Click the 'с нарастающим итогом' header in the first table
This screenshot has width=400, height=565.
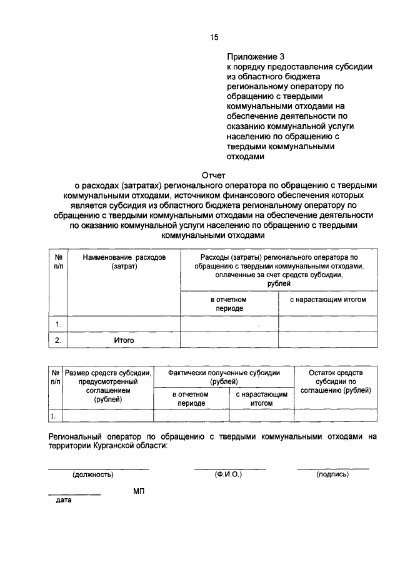coord(327,300)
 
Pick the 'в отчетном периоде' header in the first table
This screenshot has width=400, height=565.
coord(229,304)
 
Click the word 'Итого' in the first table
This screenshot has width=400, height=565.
coord(124,340)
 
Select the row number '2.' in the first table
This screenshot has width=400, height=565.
coord(57,340)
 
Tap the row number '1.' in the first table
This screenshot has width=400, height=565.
coord(57,324)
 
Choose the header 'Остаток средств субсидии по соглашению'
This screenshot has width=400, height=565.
coord(336,381)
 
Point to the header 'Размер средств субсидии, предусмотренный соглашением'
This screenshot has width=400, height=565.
coord(108,386)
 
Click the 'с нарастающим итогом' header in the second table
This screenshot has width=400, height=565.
coord(261,399)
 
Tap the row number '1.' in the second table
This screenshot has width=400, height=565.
coord(54,416)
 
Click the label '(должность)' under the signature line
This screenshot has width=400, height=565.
coord(93,474)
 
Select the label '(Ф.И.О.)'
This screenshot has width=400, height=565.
coord(229,474)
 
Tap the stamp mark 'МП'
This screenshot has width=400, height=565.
coord(138,492)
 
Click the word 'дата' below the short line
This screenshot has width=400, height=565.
coord(63,500)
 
